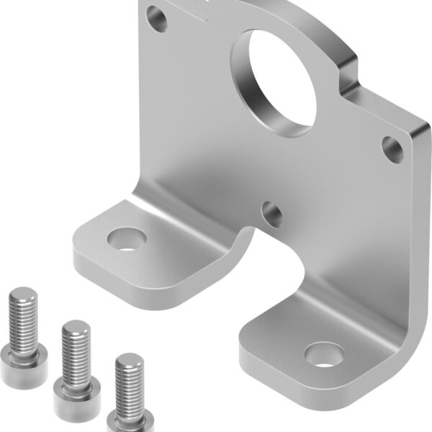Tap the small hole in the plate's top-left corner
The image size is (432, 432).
click(x=156, y=17)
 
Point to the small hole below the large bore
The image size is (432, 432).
click(x=272, y=212)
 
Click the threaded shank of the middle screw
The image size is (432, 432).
click(x=76, y=353)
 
